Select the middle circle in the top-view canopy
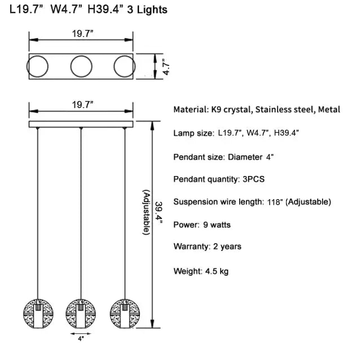pyautogui.click(x=82, y=67)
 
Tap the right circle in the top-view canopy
pyautogui.click(x=124, y=67)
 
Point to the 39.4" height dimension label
pyautogui.click(x=160, y=214)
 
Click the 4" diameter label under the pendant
pyautogui.click(x=81, y=339)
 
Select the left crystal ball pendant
pyautogui.click(x=37, y=312)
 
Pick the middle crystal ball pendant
pyautogui.click(x=81, y=312)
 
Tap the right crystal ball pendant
pyautogui.click(x=124, y=312)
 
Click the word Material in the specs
pyautogui.click(x=190, y=109)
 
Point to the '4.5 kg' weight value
pyautogui.click(x=216, y=271)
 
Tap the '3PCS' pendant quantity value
pyautogui.click(x=251, y=179)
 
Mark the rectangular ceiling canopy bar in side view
pyautogui.click(x=82, y=124)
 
